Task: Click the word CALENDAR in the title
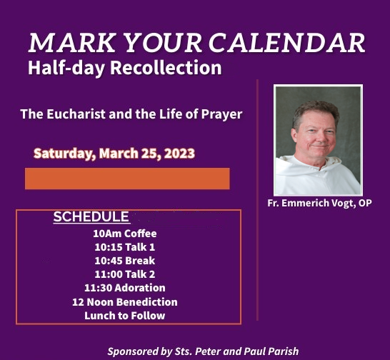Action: tap(286, 43)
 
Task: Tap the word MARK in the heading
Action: tap(72, 43)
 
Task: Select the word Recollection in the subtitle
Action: tap(166, 68)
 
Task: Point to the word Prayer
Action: tap(221, 114)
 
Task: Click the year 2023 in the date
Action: tap(179, 154)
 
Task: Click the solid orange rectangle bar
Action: tap(127, 179)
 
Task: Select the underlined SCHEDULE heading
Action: tap(91, 216)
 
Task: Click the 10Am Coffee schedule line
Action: tap(125, 234)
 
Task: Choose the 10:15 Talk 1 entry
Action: tap(125, 247)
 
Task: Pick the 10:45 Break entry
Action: tap(125, 261)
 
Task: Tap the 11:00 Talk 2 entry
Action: tap(125, 274)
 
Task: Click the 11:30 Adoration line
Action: tap(125, 288)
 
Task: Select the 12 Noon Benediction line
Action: tap(125, 302)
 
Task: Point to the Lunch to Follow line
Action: tap(125, 316)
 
